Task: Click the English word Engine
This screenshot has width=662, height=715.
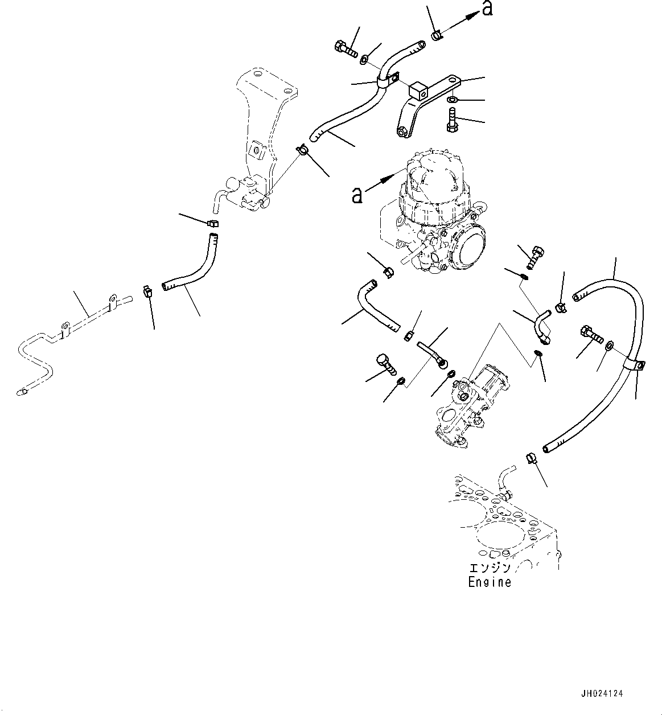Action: tap(489, 582)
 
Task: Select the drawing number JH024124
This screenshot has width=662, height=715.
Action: tap(602, 694)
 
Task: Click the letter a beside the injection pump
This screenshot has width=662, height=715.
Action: tap(356, 195)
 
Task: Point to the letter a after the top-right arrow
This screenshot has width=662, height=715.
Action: tap(487, 9)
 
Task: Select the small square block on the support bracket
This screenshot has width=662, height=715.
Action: tap(417, 89)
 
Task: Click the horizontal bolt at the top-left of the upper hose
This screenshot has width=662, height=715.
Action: tap(346, 50)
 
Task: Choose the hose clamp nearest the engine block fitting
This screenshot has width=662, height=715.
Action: tap(531, 457)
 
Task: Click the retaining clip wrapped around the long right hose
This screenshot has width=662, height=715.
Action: tap(636, 365)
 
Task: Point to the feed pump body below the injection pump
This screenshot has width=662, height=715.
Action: tap(470, 401)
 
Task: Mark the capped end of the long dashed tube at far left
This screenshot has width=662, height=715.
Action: tap(23, 392)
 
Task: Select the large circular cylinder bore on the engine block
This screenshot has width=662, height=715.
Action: tap(501, 541)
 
